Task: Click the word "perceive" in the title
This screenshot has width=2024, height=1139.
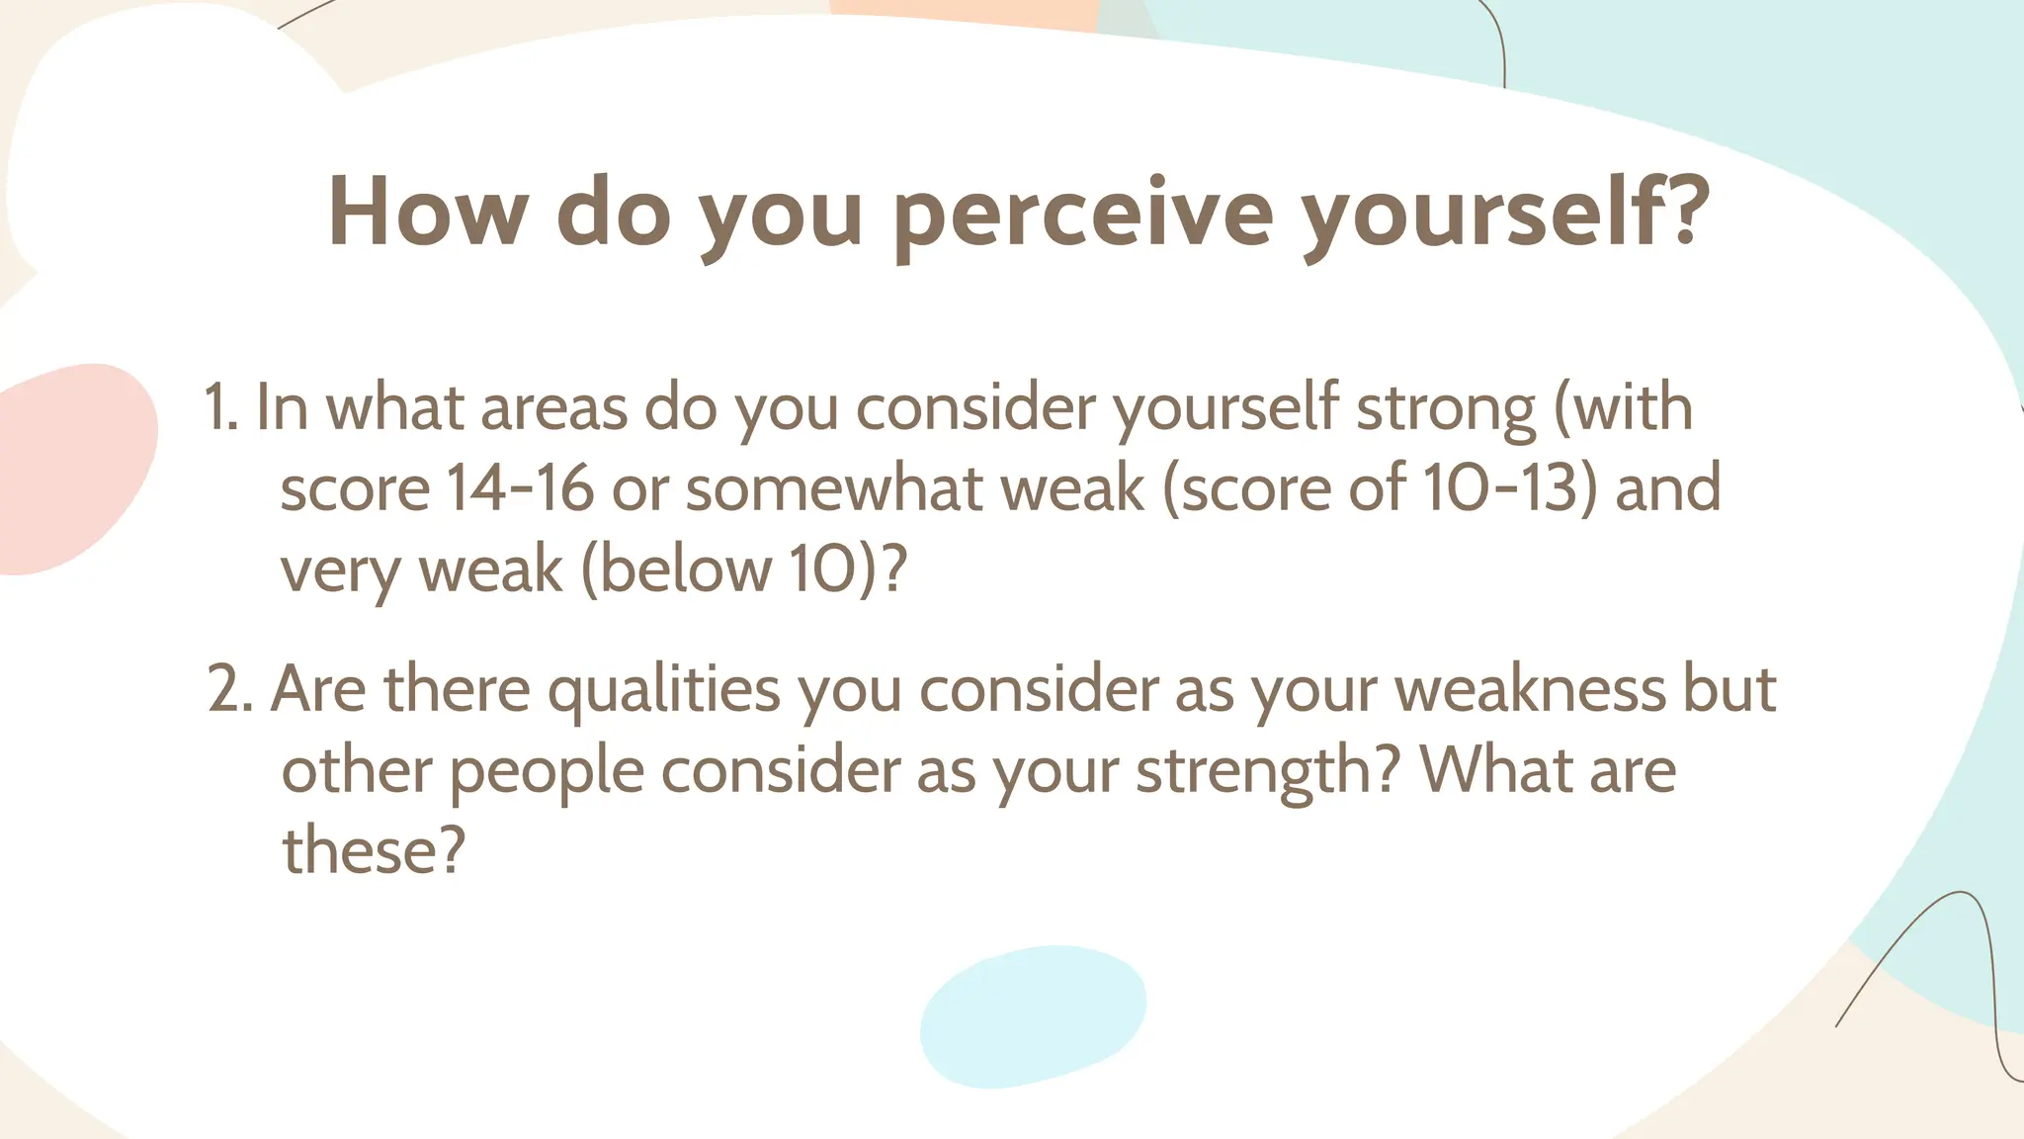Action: [1082, 214]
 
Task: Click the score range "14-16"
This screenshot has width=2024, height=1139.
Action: [520, 488]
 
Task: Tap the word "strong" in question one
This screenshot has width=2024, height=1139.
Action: [1445, 409]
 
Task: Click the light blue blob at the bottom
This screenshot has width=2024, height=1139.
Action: [1033, 1016]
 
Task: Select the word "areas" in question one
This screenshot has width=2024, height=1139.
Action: [553, 408]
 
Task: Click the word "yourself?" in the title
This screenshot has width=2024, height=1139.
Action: [1503, 214]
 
